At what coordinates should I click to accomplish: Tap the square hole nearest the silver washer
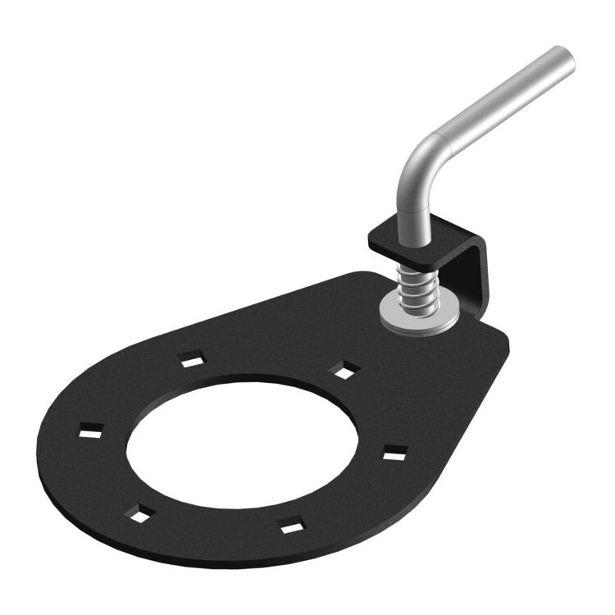343,371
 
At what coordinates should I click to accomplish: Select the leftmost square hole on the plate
91,429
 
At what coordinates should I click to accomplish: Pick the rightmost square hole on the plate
395,451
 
